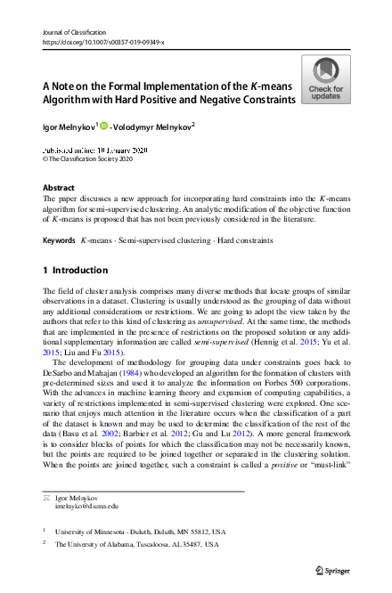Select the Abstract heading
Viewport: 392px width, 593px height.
click(x=60, y=188)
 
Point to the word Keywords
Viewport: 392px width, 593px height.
click(x=59, y=240)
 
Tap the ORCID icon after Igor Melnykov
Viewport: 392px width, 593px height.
click(x=103, y=126)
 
